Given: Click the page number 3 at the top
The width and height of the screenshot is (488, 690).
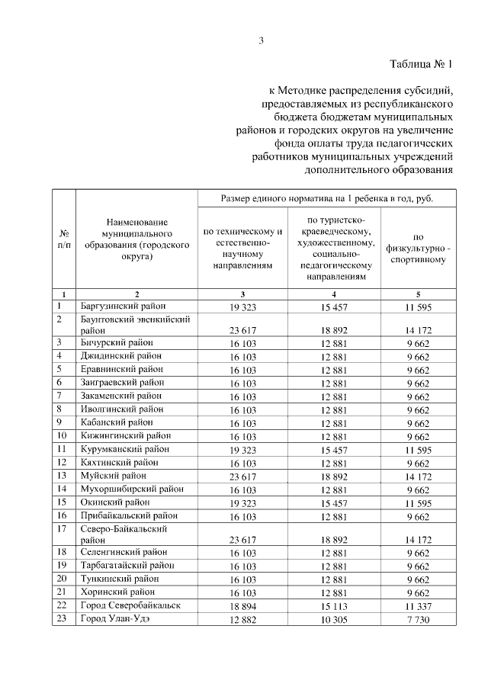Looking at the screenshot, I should coord(261,41).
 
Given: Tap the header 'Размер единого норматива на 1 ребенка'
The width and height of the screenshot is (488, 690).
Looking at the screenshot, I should coord(327,199).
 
